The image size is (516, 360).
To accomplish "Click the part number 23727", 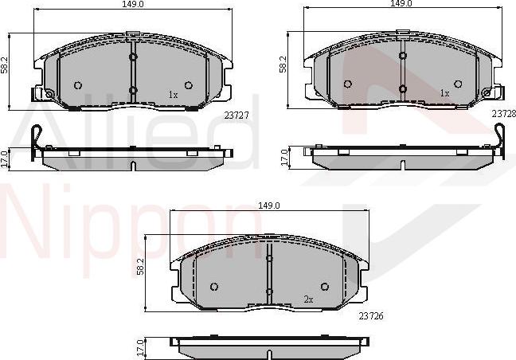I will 236,115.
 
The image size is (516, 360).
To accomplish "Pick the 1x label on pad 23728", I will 445,93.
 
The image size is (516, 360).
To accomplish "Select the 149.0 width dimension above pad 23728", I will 401,4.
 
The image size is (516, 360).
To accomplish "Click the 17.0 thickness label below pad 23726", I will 141,347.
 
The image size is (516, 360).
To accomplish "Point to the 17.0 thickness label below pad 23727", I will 4,156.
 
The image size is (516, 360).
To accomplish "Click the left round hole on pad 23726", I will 213,287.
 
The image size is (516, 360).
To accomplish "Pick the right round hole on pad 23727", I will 189,85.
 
